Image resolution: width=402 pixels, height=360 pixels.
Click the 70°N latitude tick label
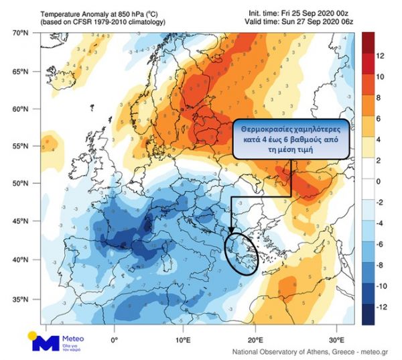21,32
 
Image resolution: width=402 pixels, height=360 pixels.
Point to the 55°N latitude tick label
21,146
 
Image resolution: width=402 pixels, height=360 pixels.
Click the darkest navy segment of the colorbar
368,316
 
